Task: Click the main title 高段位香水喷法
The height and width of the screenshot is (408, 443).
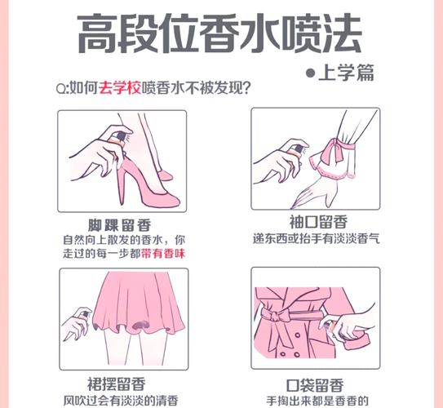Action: tap(219, 34)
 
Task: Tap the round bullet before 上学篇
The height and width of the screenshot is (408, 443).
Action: tap(311, 73)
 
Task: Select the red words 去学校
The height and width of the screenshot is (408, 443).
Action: tap(119, 88)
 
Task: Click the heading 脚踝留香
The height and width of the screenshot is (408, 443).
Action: tap(119, 225)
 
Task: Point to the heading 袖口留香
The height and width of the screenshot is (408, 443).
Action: tap(318, 222)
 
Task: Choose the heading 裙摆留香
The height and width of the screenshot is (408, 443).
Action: tap(117, 384)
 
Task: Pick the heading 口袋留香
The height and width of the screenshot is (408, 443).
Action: tap(315, 385)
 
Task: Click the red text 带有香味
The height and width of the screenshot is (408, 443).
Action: tap(163, 254)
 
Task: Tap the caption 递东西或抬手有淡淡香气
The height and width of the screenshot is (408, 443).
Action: tap(317, 239)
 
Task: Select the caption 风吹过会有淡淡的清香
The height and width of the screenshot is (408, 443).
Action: tap(121, 401)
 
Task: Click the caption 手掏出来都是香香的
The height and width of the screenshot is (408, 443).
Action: tap(317, 401)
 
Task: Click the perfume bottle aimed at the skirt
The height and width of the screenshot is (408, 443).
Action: tap(84, 313)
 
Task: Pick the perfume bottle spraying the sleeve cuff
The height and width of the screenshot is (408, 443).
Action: tap(297, 150)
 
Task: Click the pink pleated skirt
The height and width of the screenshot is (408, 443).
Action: tap(139, 302)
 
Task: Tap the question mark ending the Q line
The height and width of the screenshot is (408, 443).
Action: tap(246, 88)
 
